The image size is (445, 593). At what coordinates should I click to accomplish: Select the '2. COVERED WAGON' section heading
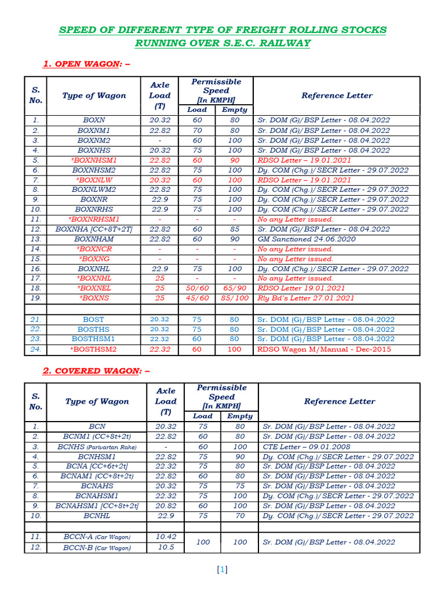coord(97,371)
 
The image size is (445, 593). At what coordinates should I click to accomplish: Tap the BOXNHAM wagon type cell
coord(94,239)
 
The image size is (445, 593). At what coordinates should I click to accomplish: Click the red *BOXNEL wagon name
coord(94,288)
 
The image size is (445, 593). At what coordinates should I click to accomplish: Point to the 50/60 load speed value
coord(197,288)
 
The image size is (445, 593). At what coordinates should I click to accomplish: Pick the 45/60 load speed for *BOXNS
coord(197,298)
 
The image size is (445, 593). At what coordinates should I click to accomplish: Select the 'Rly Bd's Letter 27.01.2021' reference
coord(305,298)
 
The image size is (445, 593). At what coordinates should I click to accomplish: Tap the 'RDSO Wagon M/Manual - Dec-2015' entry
coord(324,349)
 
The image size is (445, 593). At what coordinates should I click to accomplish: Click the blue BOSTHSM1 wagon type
coord(94,339)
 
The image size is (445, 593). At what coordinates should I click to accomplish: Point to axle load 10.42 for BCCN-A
coord(166,537)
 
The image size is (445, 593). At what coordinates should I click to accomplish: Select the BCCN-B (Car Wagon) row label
coord(97,548)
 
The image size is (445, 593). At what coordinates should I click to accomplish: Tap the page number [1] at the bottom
coord(222,570)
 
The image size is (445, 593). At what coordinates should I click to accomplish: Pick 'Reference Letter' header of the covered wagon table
coord(339,401)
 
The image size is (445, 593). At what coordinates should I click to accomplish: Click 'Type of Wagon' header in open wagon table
coord(94,96)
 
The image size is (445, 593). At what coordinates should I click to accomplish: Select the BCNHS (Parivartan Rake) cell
coord(96,447)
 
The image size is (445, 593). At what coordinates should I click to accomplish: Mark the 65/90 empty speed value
coord(235,288)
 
